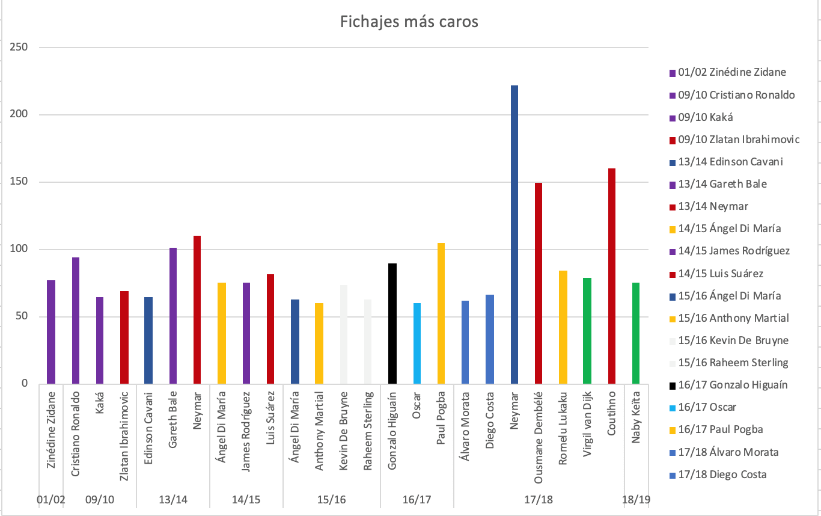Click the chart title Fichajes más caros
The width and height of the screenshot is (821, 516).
click(409, 22)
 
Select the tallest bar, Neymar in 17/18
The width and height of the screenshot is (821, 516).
click(514, 235)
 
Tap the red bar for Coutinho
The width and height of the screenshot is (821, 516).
click(612, 276)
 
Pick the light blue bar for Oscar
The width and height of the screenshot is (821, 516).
click(417, 343)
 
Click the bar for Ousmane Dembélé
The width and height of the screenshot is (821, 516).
click(539, 283)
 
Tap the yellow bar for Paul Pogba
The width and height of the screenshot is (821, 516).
click(441, 313)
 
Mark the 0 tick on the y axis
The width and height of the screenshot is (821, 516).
click(24, 384)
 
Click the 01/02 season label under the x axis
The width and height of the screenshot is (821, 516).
click(50, 500)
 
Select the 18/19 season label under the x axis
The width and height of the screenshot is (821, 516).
click(636, 500)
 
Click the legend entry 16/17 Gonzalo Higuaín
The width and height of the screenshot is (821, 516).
click(733, 385)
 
